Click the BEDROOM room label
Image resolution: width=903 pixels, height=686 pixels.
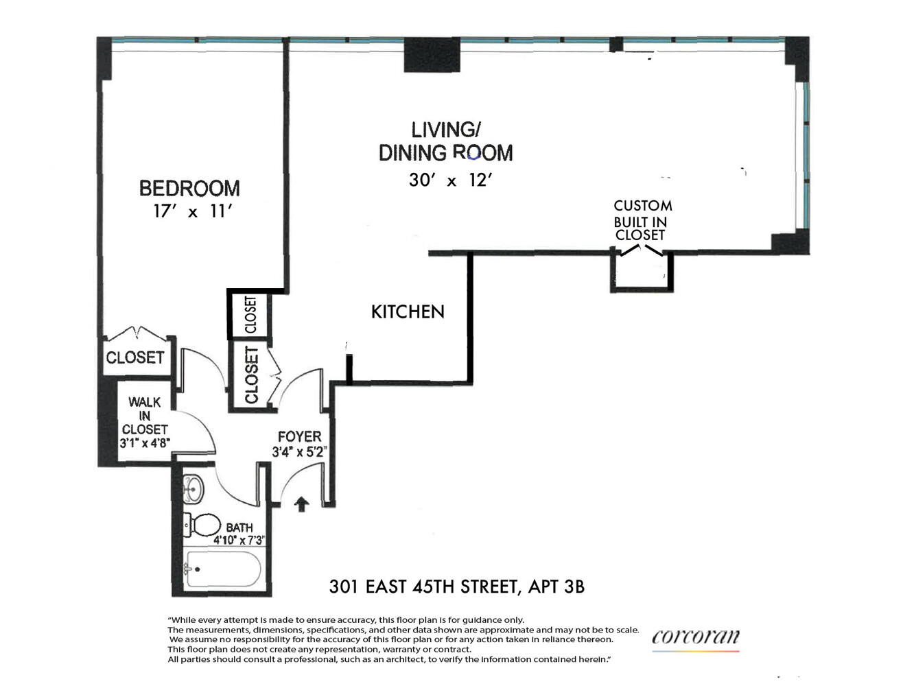[189, 189]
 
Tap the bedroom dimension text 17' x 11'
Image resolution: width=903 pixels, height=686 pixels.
[192, 211]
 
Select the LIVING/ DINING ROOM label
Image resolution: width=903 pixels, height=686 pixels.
[446, 141]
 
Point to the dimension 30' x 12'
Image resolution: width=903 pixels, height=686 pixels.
[451, 180]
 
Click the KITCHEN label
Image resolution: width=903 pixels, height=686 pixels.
[408, 312]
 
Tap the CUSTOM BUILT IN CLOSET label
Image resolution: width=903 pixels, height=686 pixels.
[642, 220]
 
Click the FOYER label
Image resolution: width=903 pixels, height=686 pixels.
[299, 437]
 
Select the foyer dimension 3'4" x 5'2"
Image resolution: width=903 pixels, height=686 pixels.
[299, 452]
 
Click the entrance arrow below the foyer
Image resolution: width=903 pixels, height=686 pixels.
[301, 504]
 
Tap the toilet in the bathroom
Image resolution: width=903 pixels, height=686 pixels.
[202, 525]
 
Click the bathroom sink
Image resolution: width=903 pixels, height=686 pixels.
[193, 488]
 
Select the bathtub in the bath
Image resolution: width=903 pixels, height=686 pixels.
[223, 569]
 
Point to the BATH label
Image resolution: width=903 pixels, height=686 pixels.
[239, 528]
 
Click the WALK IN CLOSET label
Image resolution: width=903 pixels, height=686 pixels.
[145, 416]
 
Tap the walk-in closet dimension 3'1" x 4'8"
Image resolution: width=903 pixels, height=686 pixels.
[145, 443]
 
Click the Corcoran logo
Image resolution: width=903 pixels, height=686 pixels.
[696, 637]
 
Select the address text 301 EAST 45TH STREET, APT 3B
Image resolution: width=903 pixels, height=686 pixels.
[457, 587]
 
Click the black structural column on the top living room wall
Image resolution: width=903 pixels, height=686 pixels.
[432, 55]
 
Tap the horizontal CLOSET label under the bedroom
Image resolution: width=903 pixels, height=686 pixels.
[135, 357]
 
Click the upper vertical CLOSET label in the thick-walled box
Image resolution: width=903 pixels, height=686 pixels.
[250, 315]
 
